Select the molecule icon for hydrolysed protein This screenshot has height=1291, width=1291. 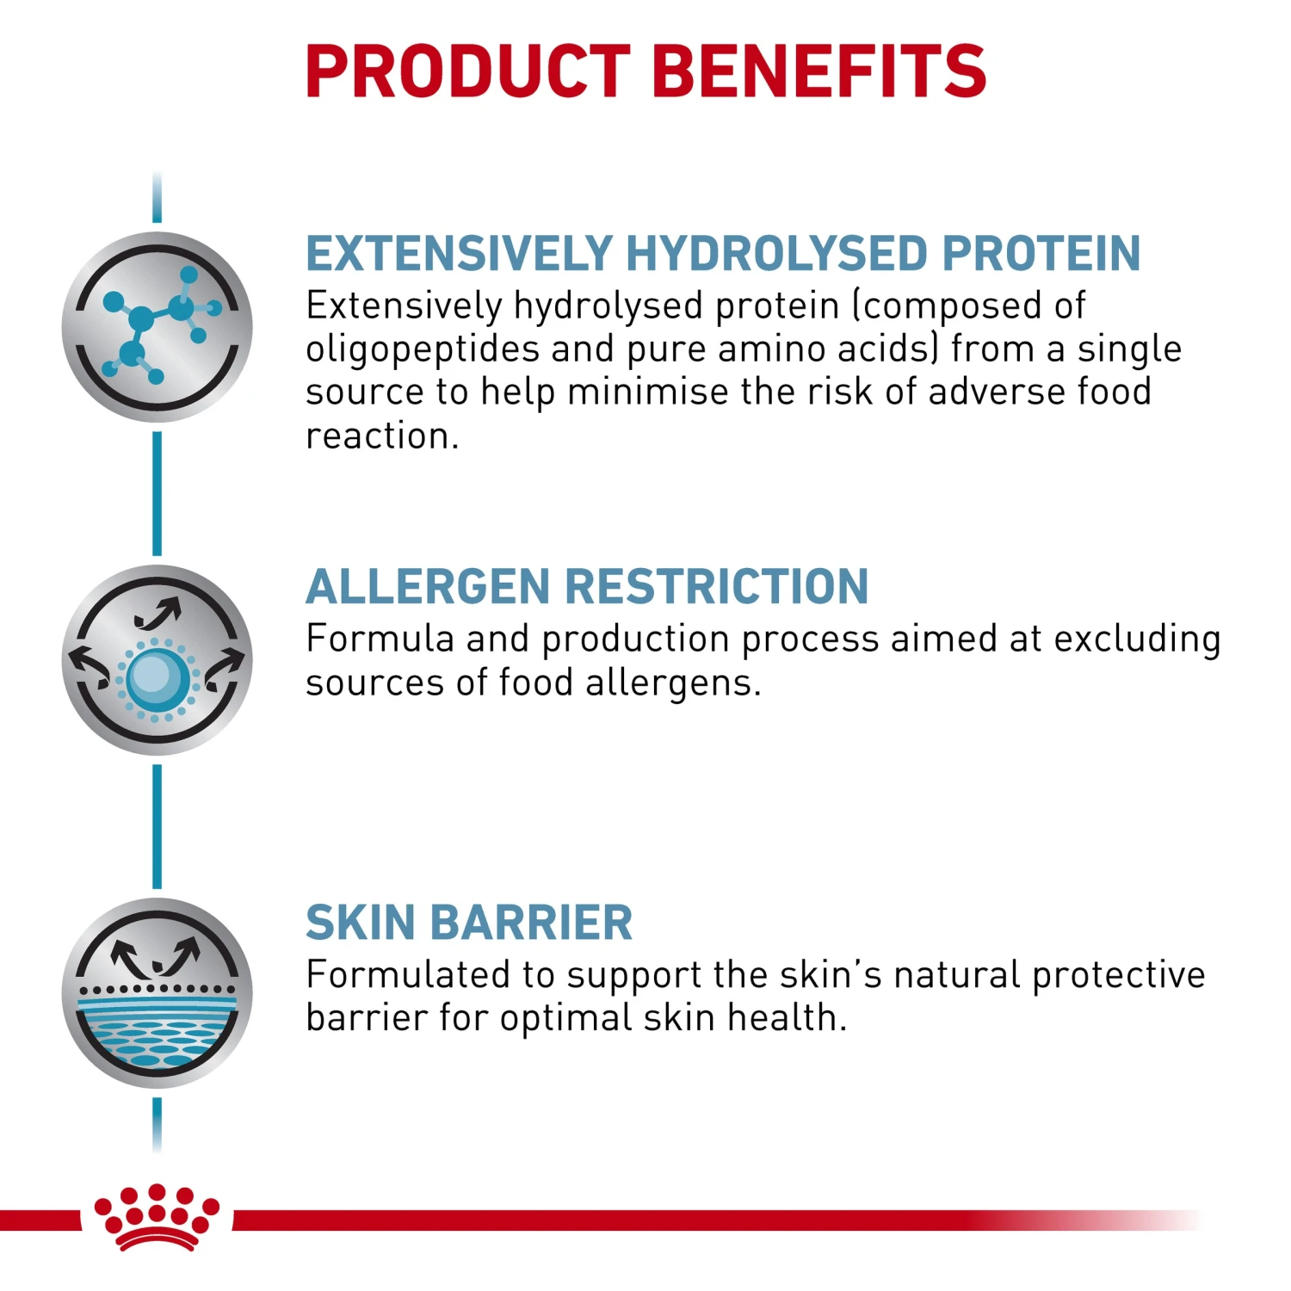pos(158,327)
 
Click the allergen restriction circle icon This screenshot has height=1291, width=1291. pos(158,660)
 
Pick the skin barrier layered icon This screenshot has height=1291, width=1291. pos(158,993)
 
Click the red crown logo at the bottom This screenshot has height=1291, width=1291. pos(157,1216)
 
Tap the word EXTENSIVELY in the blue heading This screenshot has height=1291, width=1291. pos(459,254)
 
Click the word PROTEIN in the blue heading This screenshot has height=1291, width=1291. pos(1041,254)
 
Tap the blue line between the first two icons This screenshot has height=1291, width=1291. pos(157,494)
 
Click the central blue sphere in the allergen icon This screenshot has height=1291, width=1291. pos(157,678)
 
